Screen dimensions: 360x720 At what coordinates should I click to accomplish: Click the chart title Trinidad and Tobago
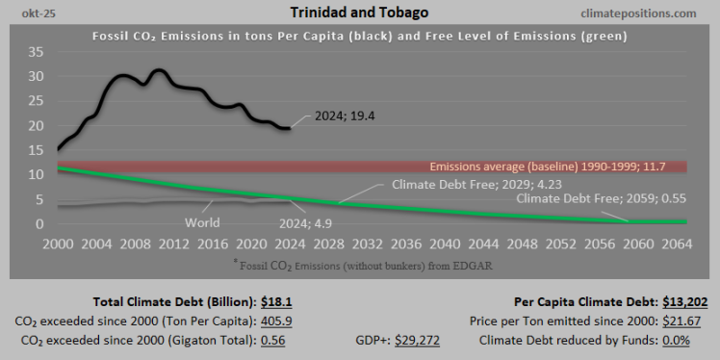(360, 13)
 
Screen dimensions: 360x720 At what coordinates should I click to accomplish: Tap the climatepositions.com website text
(640, 13)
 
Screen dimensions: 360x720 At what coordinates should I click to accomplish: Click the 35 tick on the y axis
(35, 51)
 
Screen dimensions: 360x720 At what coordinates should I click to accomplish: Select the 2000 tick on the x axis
(58, 244)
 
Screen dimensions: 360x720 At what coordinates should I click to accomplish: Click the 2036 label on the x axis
(405, 244)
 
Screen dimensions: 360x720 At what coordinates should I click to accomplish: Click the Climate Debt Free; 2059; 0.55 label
(601, 198)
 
